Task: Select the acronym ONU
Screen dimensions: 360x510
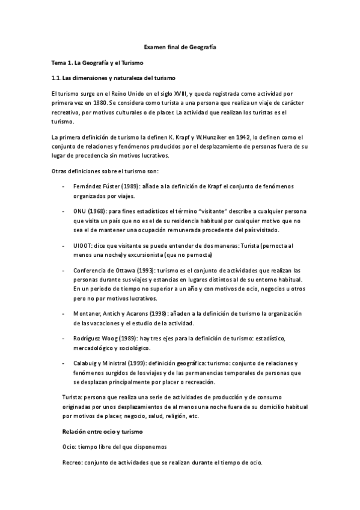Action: point(79,212)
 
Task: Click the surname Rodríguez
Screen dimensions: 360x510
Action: point(88,339)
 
